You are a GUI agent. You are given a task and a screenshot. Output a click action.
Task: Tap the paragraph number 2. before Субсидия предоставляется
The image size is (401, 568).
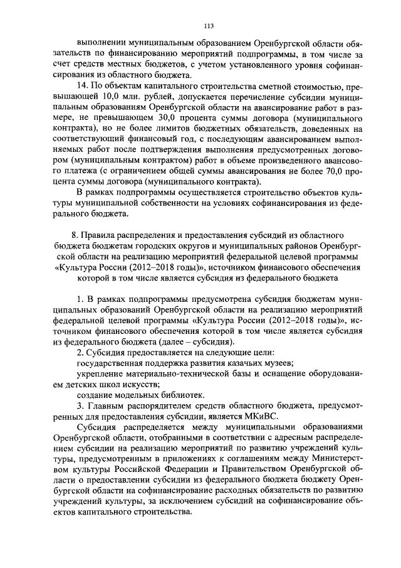point(80,352)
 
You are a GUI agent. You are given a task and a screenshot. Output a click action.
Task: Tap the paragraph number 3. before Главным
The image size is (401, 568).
point(80,405)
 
